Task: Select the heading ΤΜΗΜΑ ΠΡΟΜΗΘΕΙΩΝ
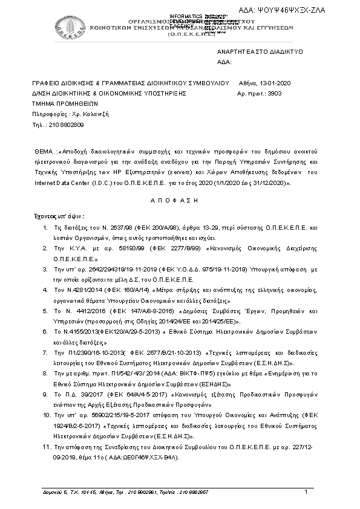pos(58,104)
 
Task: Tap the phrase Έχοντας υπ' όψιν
pos(59,216)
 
